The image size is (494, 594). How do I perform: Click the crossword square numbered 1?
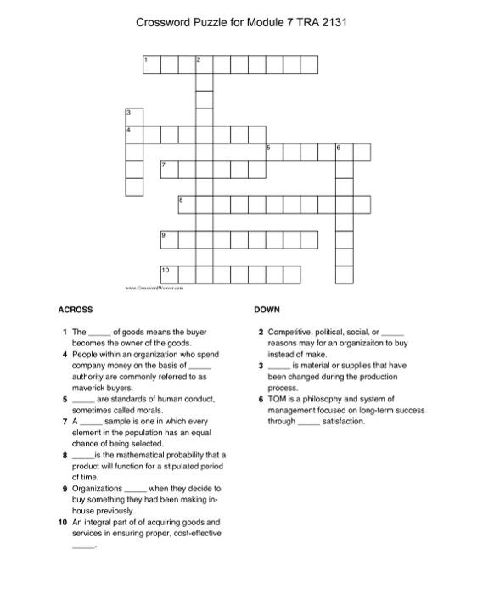coord(151,64)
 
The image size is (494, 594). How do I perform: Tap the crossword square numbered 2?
coord(204,64)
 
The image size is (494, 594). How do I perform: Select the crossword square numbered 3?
coord(134,117)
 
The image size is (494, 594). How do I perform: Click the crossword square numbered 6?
coord(344,152)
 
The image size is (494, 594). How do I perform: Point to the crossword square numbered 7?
coord(169,169)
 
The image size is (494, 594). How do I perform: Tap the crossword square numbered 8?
coord(187,204)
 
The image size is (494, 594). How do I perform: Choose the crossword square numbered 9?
coord(169,238)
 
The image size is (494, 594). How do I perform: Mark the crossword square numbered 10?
coord(169,273)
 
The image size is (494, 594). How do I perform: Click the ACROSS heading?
coord(76,310)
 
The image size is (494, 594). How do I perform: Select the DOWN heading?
coord(267,310)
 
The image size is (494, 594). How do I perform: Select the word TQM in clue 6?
coord(277,399)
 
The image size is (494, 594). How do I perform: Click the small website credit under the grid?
coord(157,289)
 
